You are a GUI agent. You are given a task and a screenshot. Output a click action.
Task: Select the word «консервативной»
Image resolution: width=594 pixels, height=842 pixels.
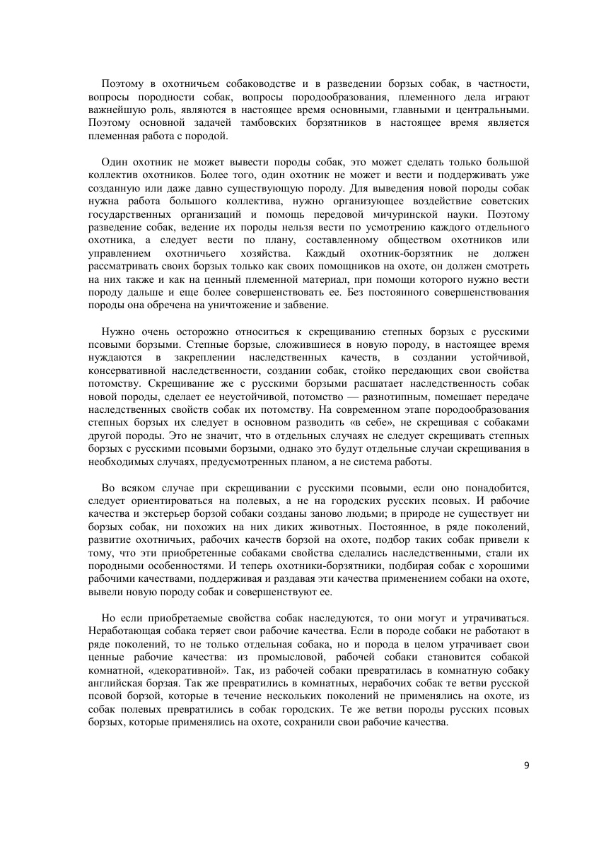pos(127,370)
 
